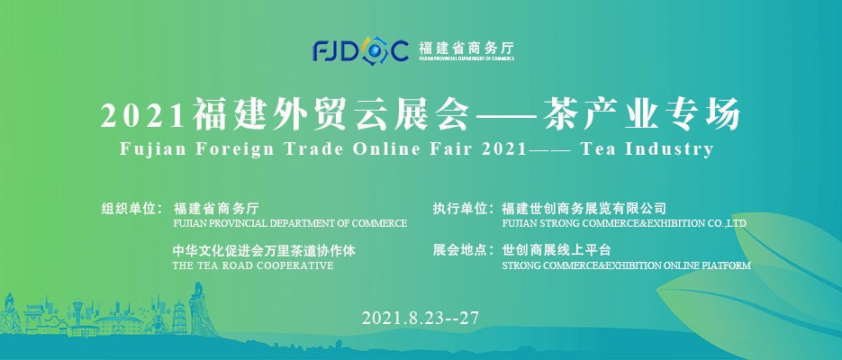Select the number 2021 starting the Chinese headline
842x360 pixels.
pyautogui.click(x=142, y=115)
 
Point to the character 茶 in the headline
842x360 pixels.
pyautogui.click(x=562, y=114)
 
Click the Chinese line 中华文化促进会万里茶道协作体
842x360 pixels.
pyautogui.click(x=264, y=250)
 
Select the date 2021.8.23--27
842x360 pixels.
pyautogui.click(x=420, y=318)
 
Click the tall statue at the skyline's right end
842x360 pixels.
pyautogui.click(x=200, y=310)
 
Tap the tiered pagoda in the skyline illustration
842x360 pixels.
pyautogui.click(x=180, y=318)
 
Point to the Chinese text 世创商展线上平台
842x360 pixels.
pyautogui.click(x=557, y=249)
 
